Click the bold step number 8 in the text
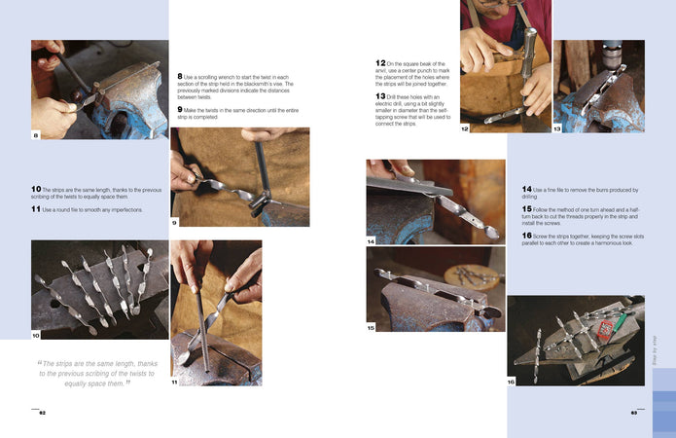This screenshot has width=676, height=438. point(180,76)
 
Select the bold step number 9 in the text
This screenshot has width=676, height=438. point(180,109)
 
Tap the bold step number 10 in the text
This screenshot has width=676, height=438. point(36,189)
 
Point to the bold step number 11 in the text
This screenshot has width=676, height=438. point(35,208)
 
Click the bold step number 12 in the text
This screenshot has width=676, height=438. point(381,63)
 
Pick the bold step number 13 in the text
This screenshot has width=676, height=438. point(381,96)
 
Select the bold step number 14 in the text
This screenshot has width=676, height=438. point(526,189)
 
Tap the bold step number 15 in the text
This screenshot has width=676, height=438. point(526,208)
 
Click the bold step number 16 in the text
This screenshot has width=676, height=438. point(526,235)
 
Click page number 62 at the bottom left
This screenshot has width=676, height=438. point(42,413)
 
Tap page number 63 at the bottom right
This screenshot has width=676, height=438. point(633,413)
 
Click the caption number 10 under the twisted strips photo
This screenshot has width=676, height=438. point(36,336)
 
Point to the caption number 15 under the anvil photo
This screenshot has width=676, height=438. point(371,328)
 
